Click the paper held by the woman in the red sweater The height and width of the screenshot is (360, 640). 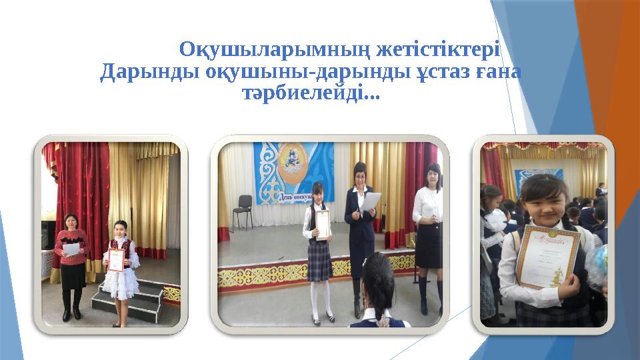pos(70,249)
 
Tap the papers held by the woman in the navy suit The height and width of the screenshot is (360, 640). pos(370,200)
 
